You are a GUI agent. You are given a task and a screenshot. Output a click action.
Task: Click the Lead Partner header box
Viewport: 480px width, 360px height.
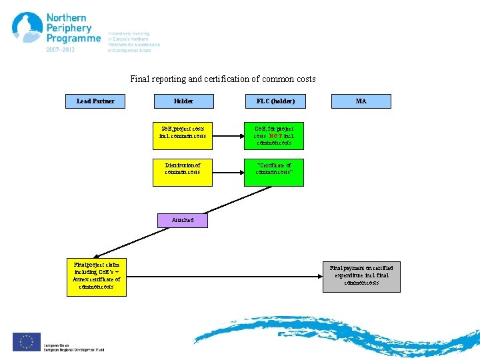click(x=95, y=101)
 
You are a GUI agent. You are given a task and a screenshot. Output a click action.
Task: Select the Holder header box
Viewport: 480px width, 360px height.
click(x=183, y=101)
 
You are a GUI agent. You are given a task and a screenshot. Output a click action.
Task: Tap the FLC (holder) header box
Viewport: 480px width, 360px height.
click(x=275, y=101)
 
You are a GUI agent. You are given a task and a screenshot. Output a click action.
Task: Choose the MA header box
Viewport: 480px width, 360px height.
click(x=361, y=101)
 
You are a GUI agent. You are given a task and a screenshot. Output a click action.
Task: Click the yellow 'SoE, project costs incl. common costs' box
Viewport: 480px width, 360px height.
click(x=183, y=132)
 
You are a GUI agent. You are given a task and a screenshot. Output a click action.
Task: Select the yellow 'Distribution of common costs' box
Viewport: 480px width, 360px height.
click(x=183, y=167)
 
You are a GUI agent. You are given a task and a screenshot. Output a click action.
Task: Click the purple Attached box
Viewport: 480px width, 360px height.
click(x=183, y=219)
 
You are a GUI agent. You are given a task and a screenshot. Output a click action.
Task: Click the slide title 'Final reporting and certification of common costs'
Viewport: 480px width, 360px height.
click(x=223, y=79)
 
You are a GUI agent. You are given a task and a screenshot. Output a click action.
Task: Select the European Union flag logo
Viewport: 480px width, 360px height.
click(x=27, y=342)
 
